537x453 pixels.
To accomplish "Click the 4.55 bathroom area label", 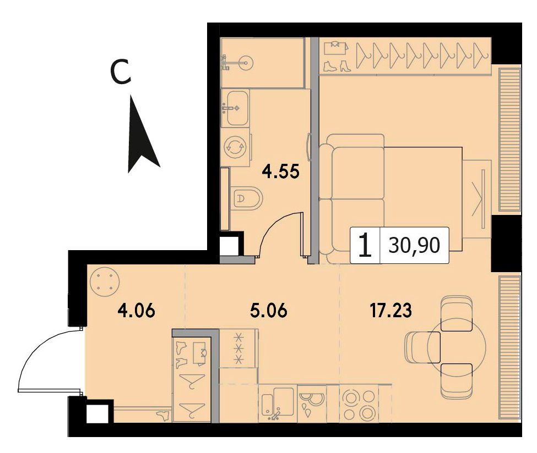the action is (x=280, y=172).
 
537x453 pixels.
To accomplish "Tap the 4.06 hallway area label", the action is (x=136, y=311).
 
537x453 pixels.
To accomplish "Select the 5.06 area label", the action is (x=268, y=311).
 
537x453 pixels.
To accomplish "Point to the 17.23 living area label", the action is (x=390, y=311).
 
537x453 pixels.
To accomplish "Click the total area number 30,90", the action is (x=414, y=245).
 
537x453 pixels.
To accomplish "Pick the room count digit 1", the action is (x=365, y=245).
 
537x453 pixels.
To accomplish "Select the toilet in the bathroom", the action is (x=247, y=198).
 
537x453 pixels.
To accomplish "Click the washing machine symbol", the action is (x=235, y=147).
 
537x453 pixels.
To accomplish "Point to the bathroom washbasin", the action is (x=237, y=108).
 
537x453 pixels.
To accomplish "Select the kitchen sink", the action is (x=278, y=404).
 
